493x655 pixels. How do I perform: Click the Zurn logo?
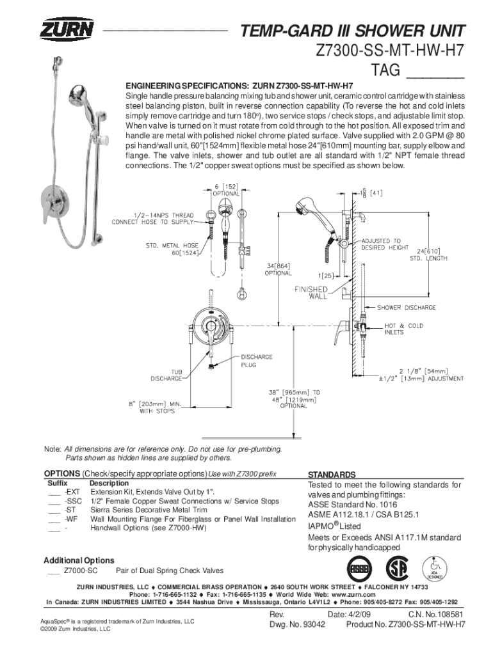pos(67,30)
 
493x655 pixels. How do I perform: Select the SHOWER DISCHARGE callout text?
pos(410,308)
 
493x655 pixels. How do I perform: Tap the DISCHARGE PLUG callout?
pos(256,361)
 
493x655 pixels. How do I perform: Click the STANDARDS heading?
pos(332,475)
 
